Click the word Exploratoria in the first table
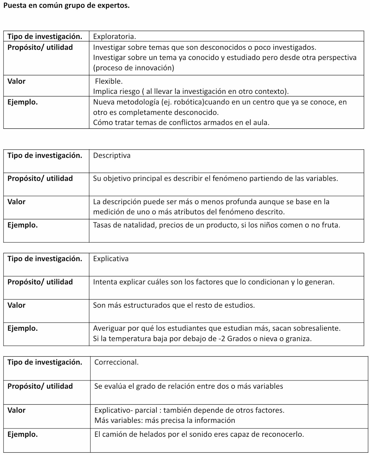114,36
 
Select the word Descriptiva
112,155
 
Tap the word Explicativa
111,258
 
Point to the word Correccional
116,362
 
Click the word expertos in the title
113,5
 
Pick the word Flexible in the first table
108,81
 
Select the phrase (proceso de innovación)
134,68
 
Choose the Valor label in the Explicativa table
16,305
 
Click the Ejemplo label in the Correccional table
22,435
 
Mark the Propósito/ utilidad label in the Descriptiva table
40,179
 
